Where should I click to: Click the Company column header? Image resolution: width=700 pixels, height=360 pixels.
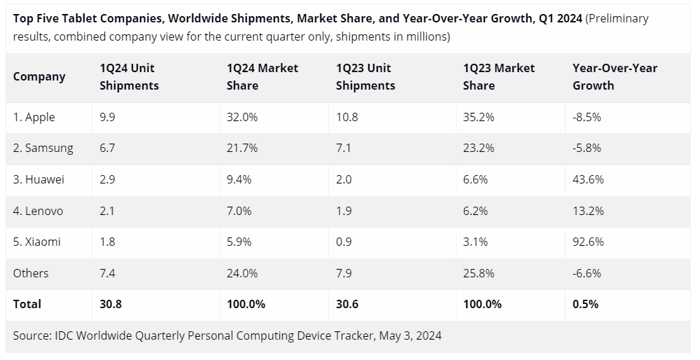39,77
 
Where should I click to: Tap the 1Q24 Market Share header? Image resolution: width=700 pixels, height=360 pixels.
262,77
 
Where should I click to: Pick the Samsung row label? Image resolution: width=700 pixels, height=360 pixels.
43,148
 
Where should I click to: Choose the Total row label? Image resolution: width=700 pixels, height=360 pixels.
27,304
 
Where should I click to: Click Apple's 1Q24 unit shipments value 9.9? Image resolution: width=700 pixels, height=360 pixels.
107,118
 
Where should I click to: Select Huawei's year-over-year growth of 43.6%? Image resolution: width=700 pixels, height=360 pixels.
587,180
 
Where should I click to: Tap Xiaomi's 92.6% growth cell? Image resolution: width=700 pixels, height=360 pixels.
587,242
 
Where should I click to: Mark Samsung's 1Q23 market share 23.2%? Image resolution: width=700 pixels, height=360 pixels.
479,148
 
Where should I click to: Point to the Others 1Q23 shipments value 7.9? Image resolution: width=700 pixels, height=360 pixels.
344,273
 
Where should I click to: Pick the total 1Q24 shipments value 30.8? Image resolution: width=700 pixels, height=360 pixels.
110,304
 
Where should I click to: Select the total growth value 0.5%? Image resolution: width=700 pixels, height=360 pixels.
585,304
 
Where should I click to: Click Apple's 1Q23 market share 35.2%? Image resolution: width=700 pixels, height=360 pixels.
479,118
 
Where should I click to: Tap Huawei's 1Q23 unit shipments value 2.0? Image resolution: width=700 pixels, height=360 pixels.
344,180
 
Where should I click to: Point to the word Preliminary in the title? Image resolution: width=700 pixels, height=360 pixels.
617,19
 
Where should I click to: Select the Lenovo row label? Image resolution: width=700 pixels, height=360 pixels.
38,211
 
